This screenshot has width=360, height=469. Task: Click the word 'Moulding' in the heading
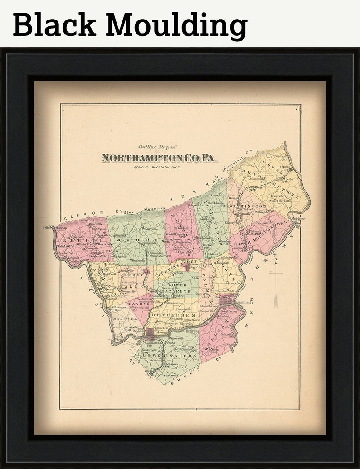(176, 25)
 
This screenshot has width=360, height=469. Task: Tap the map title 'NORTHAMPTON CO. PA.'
(160, 158)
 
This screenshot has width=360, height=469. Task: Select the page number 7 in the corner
(295, 108)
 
